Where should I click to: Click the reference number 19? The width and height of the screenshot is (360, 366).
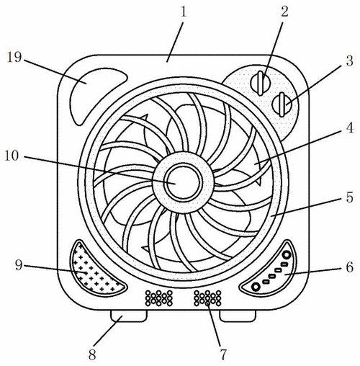14,57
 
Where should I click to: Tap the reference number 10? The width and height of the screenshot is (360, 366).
12,156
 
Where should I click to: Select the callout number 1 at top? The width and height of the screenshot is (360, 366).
184,12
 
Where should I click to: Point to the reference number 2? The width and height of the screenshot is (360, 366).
284,12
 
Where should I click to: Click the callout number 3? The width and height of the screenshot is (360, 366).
349,61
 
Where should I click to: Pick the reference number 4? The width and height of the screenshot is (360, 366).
350,128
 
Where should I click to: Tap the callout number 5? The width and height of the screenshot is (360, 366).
349,197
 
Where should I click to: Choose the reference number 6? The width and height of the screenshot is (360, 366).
349,267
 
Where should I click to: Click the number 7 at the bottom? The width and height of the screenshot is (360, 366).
223,354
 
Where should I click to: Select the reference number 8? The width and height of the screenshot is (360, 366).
92,354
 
